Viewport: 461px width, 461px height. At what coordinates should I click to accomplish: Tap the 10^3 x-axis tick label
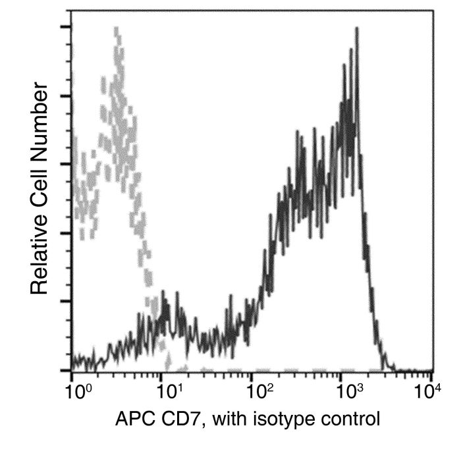pyautogui.click(x=350, y=391)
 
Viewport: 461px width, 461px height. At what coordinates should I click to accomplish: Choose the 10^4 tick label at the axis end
pyautogui.click(x=428, y=391)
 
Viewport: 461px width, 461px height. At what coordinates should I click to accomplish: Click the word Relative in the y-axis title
pyautogui.click(x=39, y=256)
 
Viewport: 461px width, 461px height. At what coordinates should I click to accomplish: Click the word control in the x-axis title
pyautogui.click(x=350, y=419)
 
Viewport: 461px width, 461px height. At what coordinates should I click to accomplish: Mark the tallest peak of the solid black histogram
pyautogui.click(x=357, y=28)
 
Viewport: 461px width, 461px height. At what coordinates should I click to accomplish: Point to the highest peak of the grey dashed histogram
pyautogui.click(x=117, y=28)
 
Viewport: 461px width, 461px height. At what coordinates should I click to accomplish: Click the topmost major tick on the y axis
pyautogui.click(x=66, y=27)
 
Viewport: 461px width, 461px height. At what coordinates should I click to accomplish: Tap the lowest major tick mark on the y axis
pyautogui.click(x=66, y=370)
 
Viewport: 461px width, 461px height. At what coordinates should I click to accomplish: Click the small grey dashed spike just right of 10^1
pyautogui.click(x=168, y=362)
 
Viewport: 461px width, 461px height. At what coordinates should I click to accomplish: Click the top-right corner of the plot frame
pyautogui.click(x=433, y=11)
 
